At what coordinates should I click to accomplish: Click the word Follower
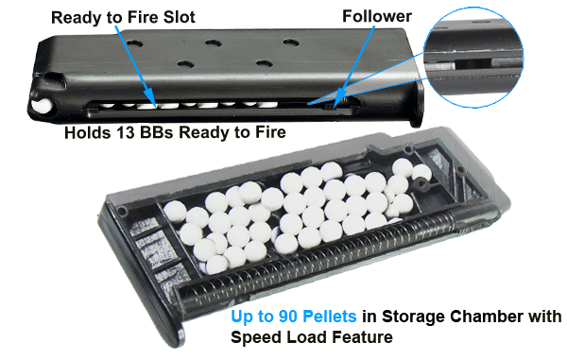pyautogui.click(x=377, y=16)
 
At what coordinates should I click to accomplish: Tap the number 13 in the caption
pyautogui.click(x=126, y=132)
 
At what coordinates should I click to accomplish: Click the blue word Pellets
pyautogui.click(x=330, y=317)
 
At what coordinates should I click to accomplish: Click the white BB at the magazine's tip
pyautogui.click(x=42, y=105)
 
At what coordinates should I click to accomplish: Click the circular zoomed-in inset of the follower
pyautogui.click(x=473, y=58)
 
